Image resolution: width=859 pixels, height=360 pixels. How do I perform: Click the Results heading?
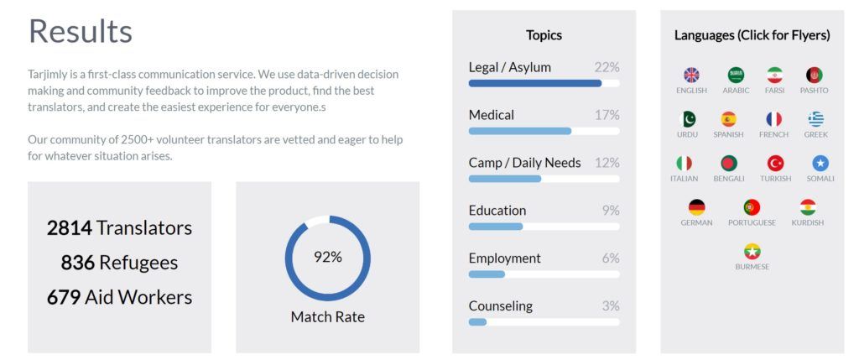[x=81, y=32]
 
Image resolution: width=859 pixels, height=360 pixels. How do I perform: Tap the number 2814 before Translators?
[x=69, y=227]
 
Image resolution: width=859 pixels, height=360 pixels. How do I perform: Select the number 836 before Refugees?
[x=77, y=263]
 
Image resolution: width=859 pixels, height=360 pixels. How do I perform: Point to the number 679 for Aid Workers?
[x=64, y=297]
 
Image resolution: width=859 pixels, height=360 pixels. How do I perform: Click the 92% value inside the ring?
[x=327, y=257]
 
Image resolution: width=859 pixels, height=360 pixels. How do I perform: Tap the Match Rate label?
[x=327, y=317]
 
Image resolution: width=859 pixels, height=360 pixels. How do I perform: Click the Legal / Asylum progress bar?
[x=544, y=83]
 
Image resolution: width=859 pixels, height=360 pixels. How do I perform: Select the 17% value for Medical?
[x=607, y=115]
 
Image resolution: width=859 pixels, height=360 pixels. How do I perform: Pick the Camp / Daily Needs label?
[x=524, y=163]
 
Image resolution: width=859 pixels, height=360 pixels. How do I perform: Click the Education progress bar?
[x=544, y=227]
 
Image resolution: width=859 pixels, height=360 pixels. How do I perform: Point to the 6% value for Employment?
[x=610, y=258]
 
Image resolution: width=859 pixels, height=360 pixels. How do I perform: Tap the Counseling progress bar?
[x=544, y=322]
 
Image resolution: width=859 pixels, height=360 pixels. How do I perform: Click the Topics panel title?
[x=544, y=35]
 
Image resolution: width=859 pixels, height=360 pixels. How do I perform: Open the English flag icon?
[x=691, y=76]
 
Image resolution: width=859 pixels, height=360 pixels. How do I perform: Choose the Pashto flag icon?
[x=814, y=76]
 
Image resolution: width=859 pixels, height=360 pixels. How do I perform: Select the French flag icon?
[x=773, y=119]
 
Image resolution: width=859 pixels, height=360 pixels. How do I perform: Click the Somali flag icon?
[x=820, y=164]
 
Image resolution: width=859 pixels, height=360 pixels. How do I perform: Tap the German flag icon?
[x=696, y=207]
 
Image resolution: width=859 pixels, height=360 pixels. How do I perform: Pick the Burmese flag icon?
[x=752, y=252]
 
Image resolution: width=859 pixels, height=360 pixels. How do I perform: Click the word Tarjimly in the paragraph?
[x=49, y=74]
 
